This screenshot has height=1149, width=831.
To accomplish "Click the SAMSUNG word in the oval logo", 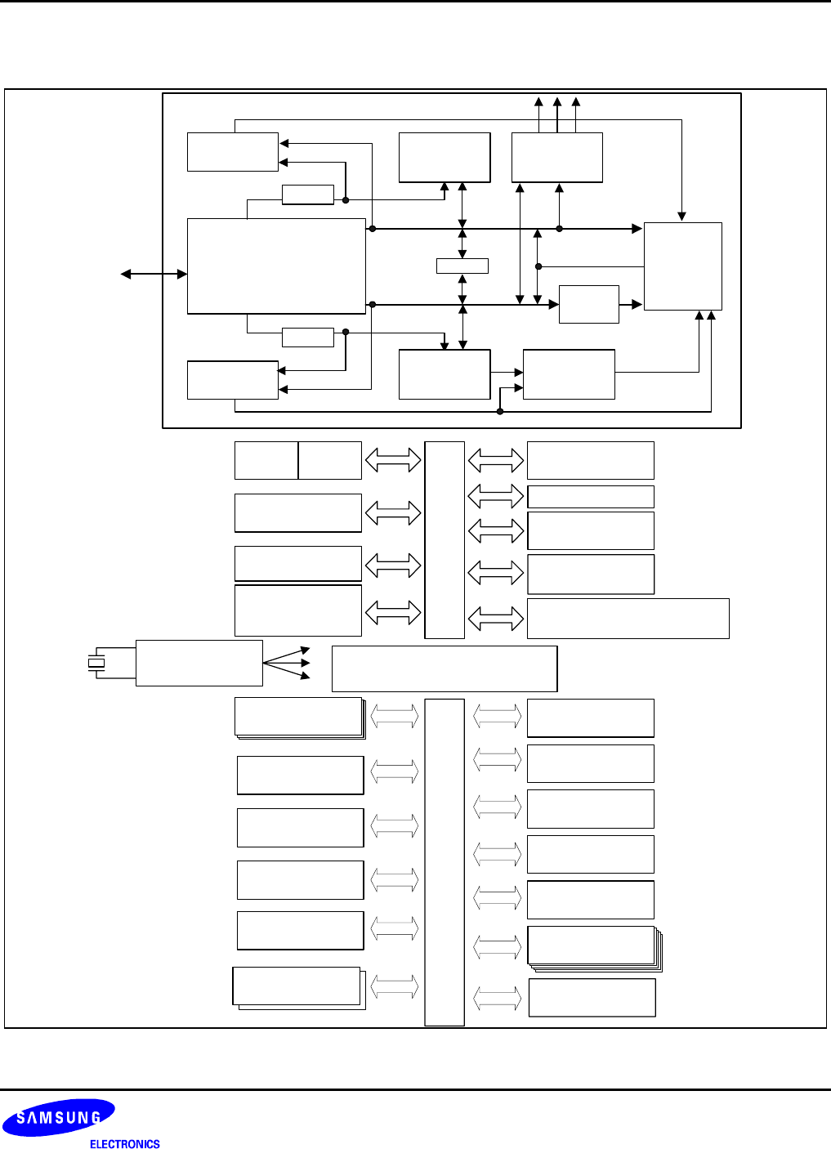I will [x=59, y=1118].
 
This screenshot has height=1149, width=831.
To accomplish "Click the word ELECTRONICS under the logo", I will [x=124, y=1144].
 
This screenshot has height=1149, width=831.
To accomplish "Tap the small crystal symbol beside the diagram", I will [x=96, y=663].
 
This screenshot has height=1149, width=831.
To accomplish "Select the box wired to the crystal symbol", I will [x=199, y=663].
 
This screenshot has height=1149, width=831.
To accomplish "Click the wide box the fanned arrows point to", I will [x=445, y=668].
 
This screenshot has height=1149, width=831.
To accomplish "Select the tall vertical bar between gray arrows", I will [x=445, y=862].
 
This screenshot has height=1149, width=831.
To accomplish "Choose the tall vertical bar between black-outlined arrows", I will [x=445, y=539].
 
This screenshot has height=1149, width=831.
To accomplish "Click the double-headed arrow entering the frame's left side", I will [x=154, y=274].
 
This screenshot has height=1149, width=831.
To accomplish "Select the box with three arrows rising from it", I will [x=556, y=157].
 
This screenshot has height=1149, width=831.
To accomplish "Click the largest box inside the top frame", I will [x=276, y=266].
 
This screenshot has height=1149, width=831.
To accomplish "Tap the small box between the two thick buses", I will [x=462, y=266].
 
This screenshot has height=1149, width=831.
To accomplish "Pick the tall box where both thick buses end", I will [x=682, y=266].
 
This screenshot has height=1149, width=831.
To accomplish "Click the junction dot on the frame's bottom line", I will [x=500, y=411].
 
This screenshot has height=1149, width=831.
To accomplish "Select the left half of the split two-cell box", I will [x=266, y=460].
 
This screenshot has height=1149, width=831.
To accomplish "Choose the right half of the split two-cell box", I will [x=330, y=460].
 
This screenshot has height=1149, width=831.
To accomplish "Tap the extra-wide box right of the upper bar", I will [x=628, y=618].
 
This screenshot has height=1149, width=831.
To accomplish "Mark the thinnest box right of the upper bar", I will [x=590, y=497].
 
